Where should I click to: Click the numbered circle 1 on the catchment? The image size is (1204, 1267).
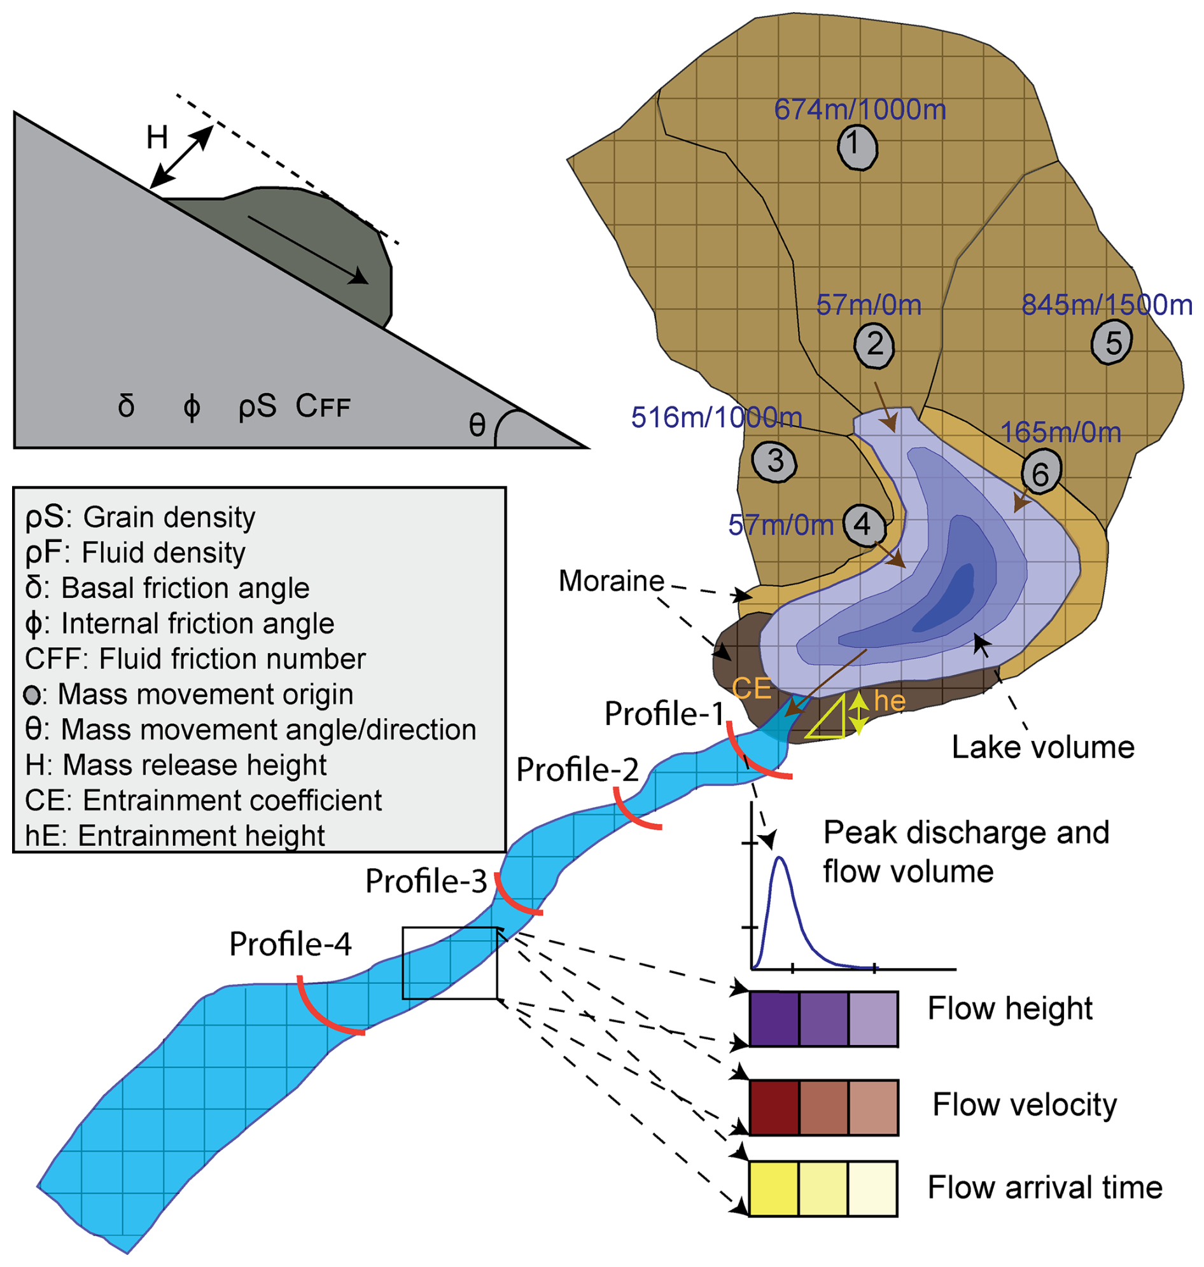[x=857, y=147]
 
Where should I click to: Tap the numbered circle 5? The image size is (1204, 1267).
[x=1111, y=343]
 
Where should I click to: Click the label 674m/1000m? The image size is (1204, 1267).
[x=860, y=109]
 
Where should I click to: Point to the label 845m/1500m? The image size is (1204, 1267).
[x=1107, y=305]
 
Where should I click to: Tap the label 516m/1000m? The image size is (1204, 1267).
[x=717, y=418]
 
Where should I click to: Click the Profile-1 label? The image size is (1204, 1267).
[x=664, y=714]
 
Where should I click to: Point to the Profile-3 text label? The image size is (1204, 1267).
[x=426, y=882]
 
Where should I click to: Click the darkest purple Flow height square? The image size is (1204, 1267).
[x=774, y=1019]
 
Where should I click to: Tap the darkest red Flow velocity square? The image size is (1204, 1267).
[x=774, y=1107]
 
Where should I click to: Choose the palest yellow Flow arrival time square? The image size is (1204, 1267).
[x=872, y=1188]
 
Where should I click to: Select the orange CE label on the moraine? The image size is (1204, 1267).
[x=752, y=689]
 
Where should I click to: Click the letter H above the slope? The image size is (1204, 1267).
[x=157, y=138]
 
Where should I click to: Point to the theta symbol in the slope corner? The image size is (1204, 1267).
[x=477, y=425]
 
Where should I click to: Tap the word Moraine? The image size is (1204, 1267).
[x=611, y=581]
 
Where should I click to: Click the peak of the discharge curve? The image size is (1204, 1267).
[x=780, y=858]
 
